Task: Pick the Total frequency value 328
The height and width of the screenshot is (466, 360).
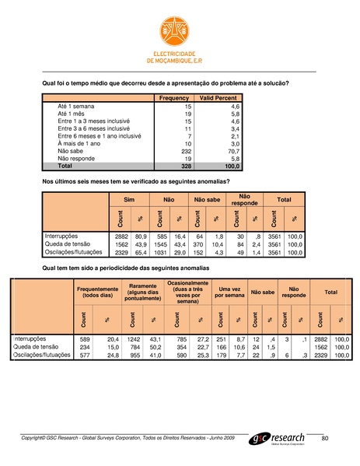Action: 185,166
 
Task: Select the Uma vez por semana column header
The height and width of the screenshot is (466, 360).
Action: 229,293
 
